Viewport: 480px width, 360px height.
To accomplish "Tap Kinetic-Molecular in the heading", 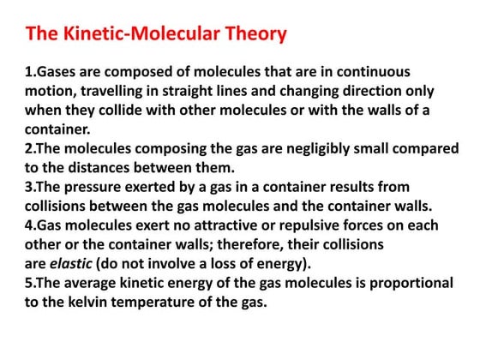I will (134, 34).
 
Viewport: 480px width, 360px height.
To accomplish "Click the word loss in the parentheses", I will (239, 263).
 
